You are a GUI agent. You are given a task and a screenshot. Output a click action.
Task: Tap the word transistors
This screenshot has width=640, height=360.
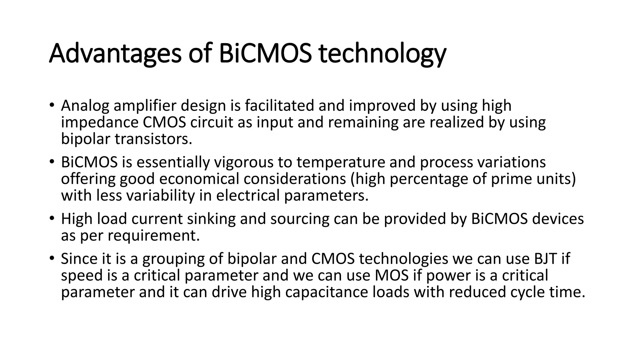coord(153,139)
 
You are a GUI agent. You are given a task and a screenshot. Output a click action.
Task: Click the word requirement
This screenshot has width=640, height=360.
coord(153,236)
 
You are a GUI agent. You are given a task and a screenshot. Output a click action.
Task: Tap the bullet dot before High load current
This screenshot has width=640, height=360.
coord(52,218)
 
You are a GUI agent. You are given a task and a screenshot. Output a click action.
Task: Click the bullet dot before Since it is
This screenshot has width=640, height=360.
coord(52,258)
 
